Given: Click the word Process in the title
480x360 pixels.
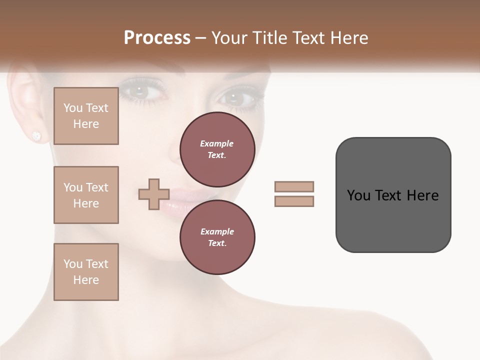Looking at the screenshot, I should (x=157, y=37).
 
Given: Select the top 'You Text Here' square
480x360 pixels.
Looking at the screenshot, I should (x=86, y=116).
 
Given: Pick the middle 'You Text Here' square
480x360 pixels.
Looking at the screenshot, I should (x=86, y=195).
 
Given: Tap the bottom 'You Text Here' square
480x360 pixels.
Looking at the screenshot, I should (x=86, y=272).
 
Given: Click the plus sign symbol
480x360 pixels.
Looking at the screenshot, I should (x=154, y=194).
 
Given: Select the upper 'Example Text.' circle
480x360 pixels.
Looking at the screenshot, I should (x=217, y=149).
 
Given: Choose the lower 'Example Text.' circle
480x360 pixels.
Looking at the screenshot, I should (x=217, y=237).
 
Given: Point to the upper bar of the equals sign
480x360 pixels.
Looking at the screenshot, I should (x=294, y=186).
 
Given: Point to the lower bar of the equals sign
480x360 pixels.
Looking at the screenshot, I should (x=294, y=201).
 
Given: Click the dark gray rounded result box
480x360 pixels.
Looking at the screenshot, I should (x=393, y=195).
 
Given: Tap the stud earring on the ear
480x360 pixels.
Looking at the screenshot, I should (x=36, y=135).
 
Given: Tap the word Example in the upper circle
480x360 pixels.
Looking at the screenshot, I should (x=216, y=143).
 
